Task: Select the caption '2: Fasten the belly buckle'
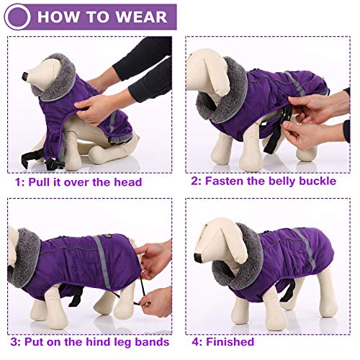tap(263, 181)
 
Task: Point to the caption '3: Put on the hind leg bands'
tap(88, 341)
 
